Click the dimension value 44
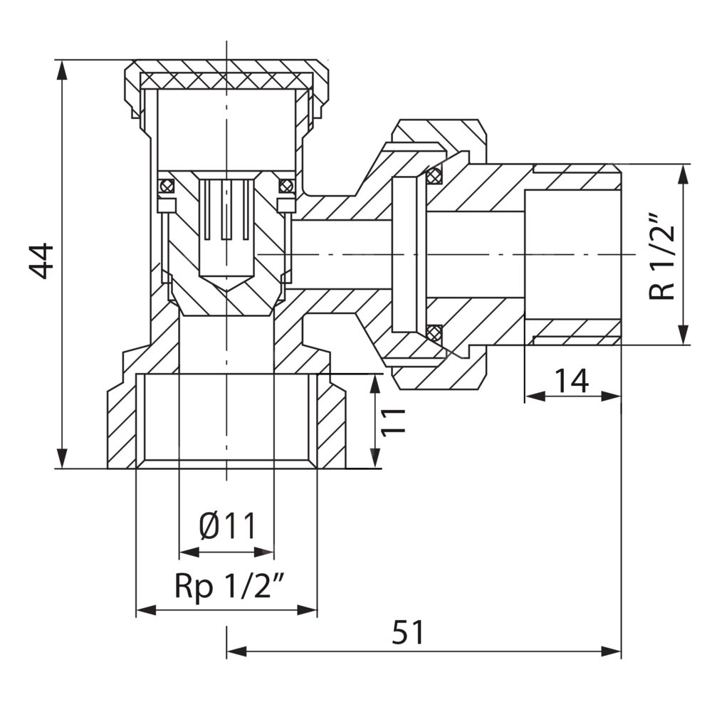tap(41, 261)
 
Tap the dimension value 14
tap(572, 381)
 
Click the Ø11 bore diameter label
tap(226, 528)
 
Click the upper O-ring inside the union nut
tap(434, 175)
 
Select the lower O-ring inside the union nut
tap(434, 332)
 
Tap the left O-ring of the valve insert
tap(166, 187)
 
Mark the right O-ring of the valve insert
tap(286, 187)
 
